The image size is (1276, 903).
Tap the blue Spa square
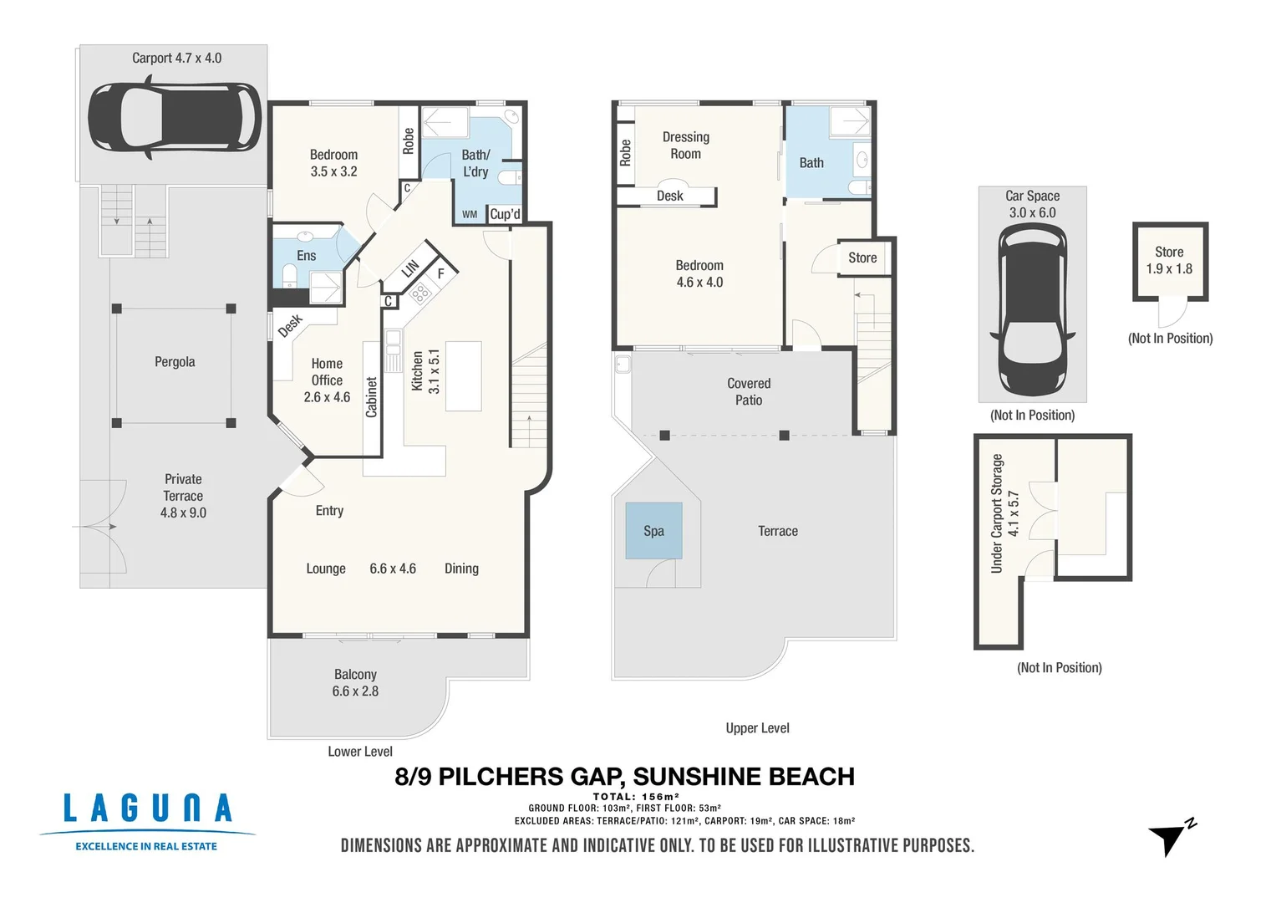point(653,531)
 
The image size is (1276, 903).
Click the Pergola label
point(175,362)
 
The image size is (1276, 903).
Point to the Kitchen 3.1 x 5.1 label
point(425,371)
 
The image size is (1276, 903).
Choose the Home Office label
point(327,380)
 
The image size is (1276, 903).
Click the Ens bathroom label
point(306,256)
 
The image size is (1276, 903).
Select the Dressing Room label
point(685,145)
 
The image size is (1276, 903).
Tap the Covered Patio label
point(749,391)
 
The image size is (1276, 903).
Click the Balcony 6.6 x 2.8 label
point(355,683)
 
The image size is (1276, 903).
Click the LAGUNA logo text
point(147,809)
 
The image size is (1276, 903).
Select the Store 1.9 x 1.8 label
point(1169,260)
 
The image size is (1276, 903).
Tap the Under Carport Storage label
point(1004,513)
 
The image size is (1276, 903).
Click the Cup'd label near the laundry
point(505,214)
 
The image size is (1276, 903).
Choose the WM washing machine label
point(470,215)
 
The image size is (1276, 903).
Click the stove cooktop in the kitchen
point(419,293)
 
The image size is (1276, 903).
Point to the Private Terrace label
point(183,496)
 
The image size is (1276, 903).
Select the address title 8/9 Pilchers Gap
point(624,777)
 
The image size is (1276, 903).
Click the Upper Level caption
point(757,728)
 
